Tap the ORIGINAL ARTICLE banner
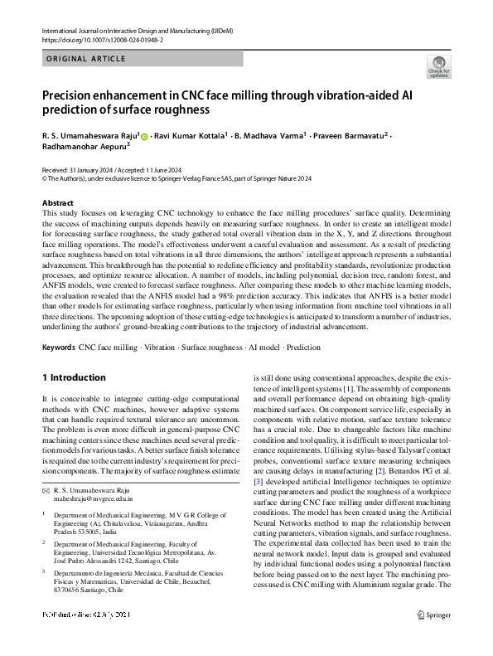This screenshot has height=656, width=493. click(85, 60)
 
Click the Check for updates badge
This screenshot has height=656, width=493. click(438, 67)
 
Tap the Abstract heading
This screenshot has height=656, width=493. click(57, 203)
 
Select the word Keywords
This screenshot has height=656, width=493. click(58, 347)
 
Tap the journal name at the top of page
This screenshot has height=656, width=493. click(137, 30)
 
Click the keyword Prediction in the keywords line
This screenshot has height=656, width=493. click(304, 347)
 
